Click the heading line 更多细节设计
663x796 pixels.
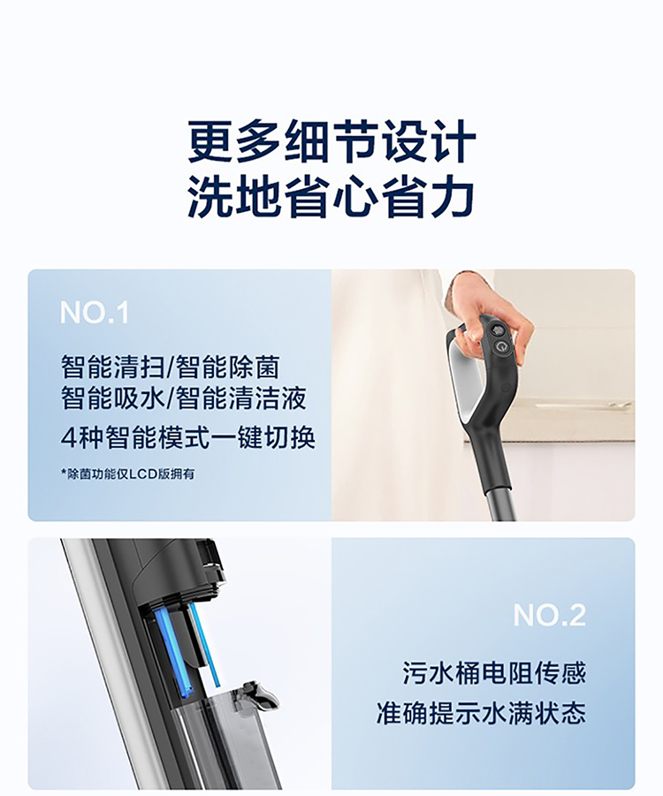pyautogui.click(x=331, y=141)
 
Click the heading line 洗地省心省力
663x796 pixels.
pyautogui.click(x=331, y=197)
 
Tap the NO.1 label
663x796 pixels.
pyautogui.click(x=95, y=313)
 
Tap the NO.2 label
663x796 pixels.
pyautogui.click(x=549, y=615)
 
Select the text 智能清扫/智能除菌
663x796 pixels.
pyautogui.click(x=171, y=367)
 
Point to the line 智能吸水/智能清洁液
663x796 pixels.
pyautogui.click(x=183, y=398)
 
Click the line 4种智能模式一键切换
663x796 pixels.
pyautogui.click(x=188, y=437)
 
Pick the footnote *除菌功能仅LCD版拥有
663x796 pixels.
pyautogui.click(x=127, y=474)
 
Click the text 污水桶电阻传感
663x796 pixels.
pyautogui.click(x=494, y=673)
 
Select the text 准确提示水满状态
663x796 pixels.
pyautogui.click(x=481, y=713)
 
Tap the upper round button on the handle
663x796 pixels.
pyautogui.click(x=499, y=330)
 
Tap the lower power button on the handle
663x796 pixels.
pyautogui.click(x=501, y=348)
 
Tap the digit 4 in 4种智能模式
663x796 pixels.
pyautogui.click(x=68, y=438)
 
